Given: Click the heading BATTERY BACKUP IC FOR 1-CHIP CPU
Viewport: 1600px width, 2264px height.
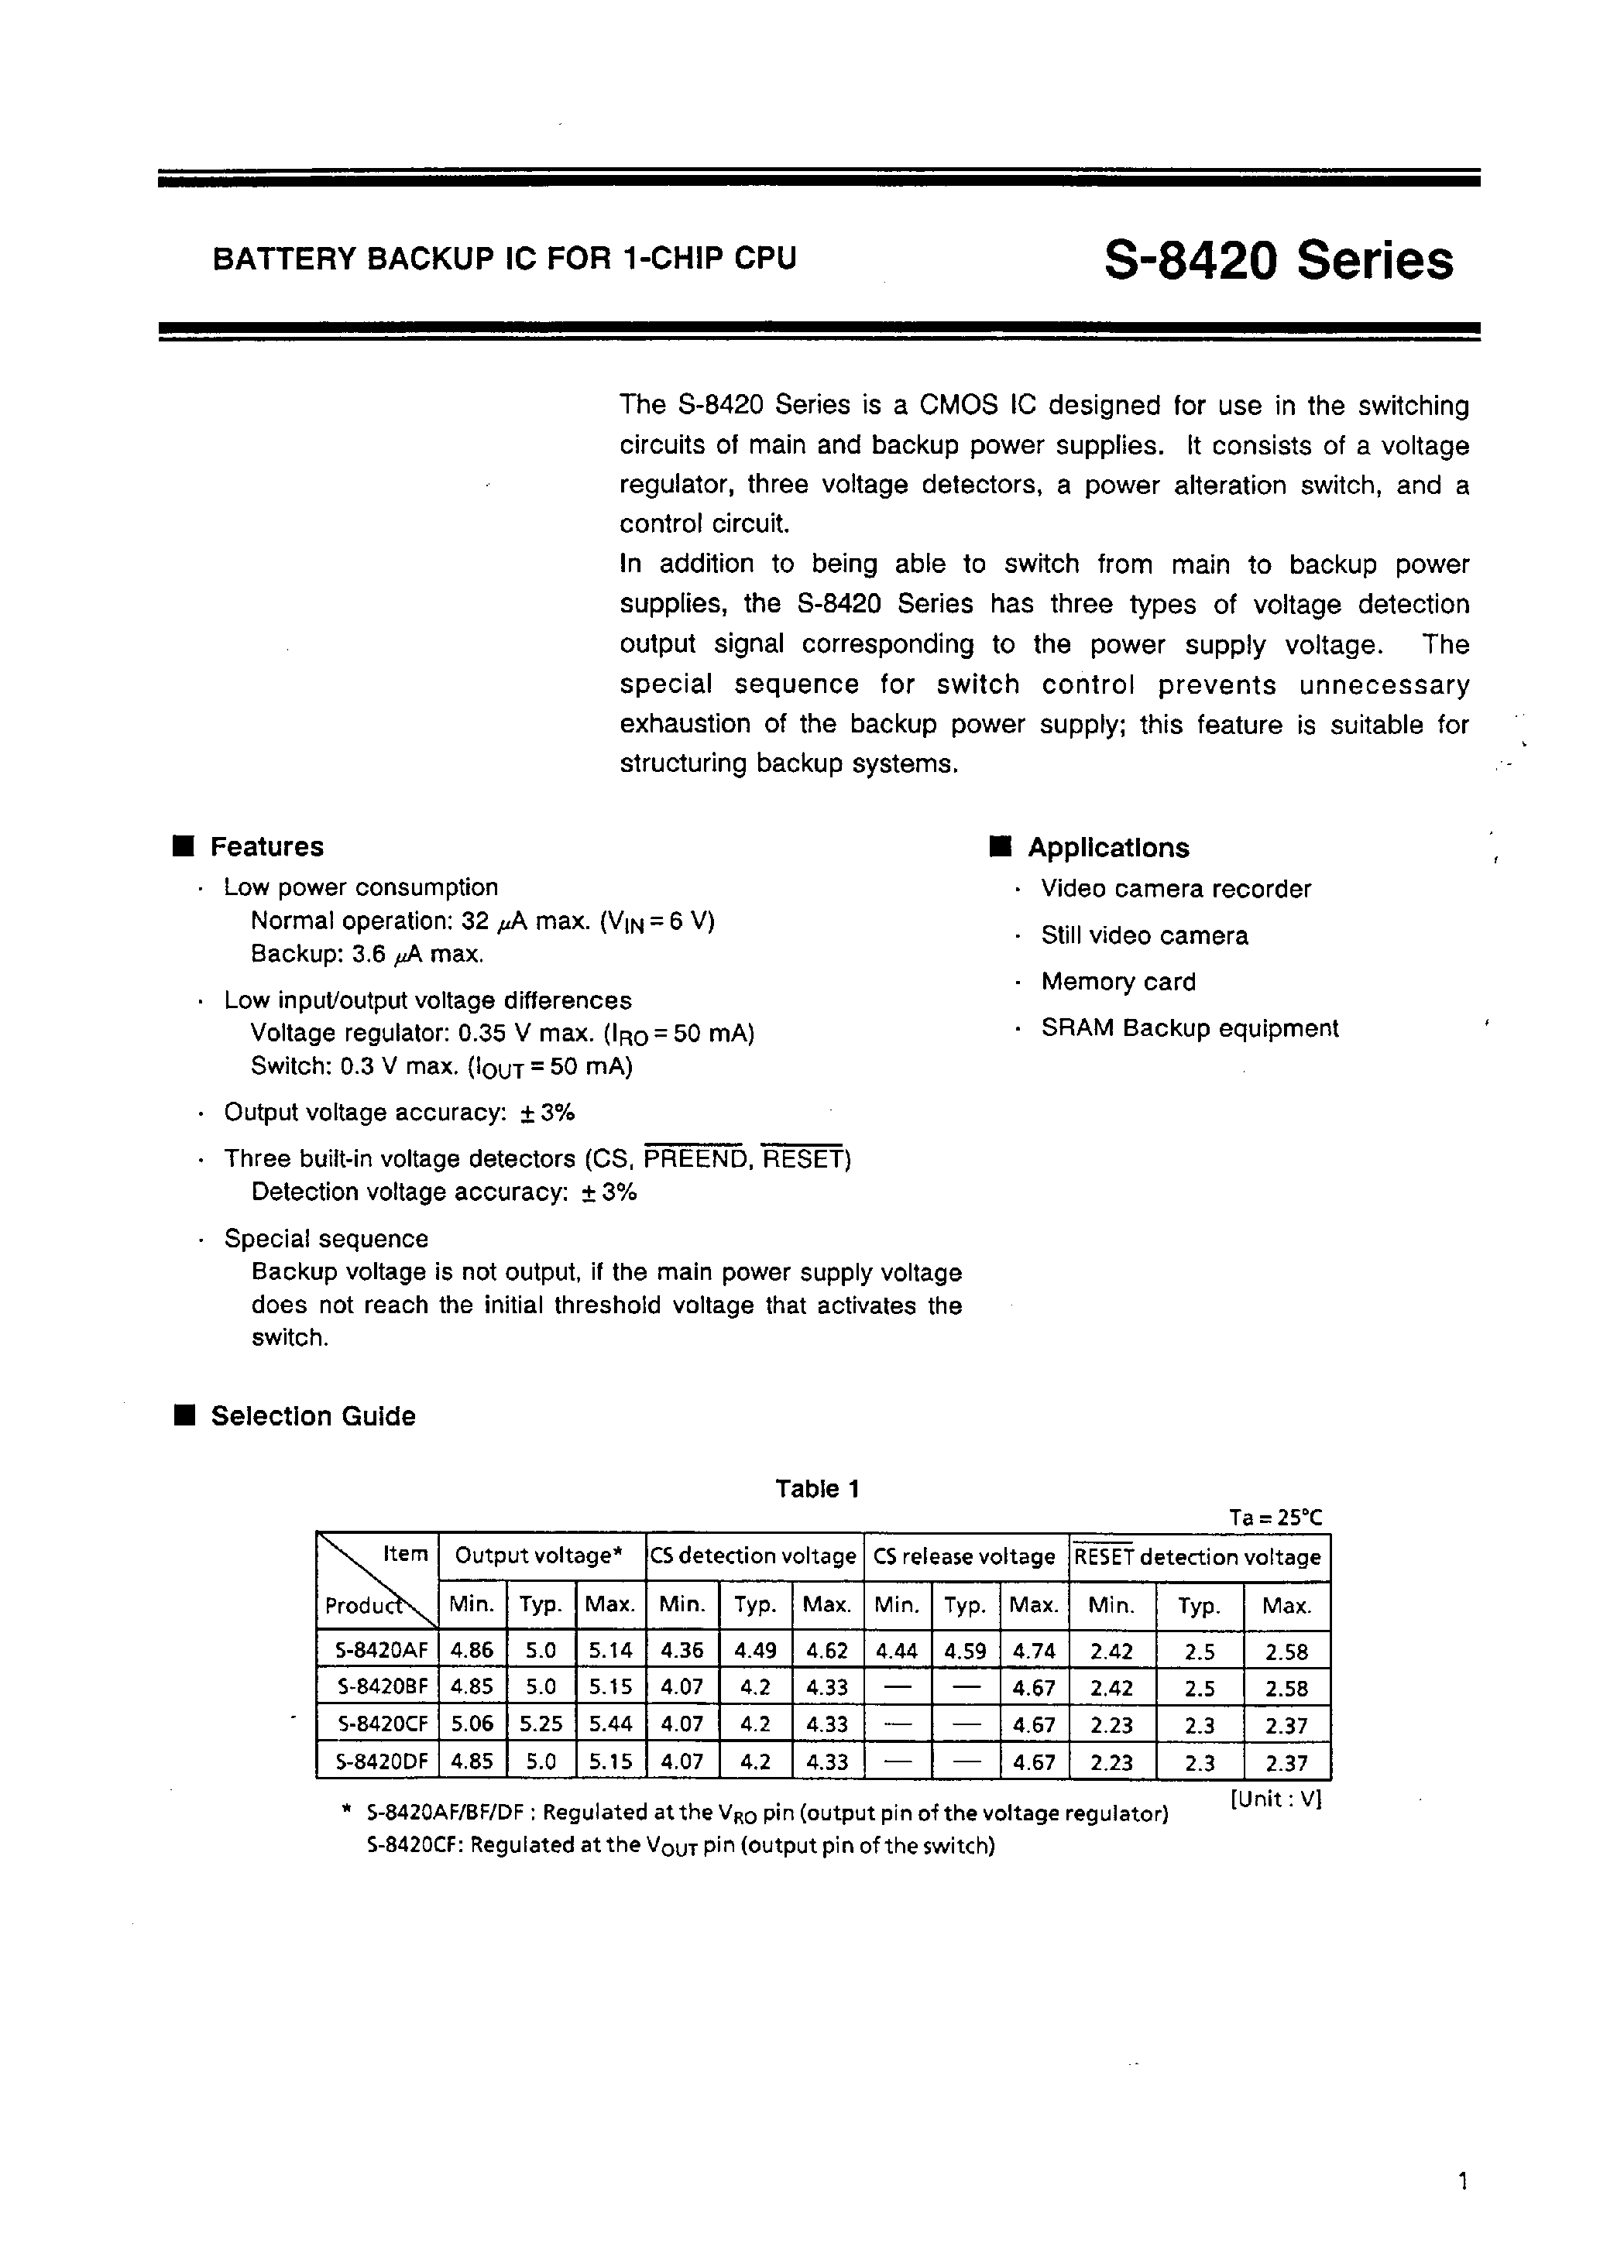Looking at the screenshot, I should pyautogui.click(x=504, y=259).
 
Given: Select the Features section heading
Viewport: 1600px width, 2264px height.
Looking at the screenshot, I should pyautogui.click(x=266, y=847).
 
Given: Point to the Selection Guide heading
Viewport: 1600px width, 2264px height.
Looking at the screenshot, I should pyautogui.click(x=313, y=1416).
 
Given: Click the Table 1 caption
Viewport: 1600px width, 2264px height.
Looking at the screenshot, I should pyautogui.click(x=817, y=1489).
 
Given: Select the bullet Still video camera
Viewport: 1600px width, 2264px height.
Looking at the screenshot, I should pyautogui.click(x=1145, y=936).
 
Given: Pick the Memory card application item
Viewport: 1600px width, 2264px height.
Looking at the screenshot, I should pyautogui.click(x=1118, y=982).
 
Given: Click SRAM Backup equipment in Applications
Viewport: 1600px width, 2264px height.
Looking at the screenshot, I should pyautogui.click(x=1190, y=1028).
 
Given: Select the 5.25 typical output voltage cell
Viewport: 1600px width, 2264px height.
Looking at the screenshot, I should pyautogui.click(x=541, y=1724).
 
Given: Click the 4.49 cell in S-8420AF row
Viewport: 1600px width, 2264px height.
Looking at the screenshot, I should pyautogui.click(x=754, y=1650).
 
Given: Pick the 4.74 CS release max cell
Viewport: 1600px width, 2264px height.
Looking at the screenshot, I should pyautogui.click(x=1034, y=1650).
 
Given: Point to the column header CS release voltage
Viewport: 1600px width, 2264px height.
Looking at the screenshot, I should pyautogui.click(x=965, y=1557).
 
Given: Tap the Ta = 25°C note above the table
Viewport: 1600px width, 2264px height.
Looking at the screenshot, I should pyautogui.click(x=1275, y=1518).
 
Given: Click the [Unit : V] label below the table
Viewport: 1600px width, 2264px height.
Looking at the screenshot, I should pyautogui.click(x=1275, y=1799).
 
